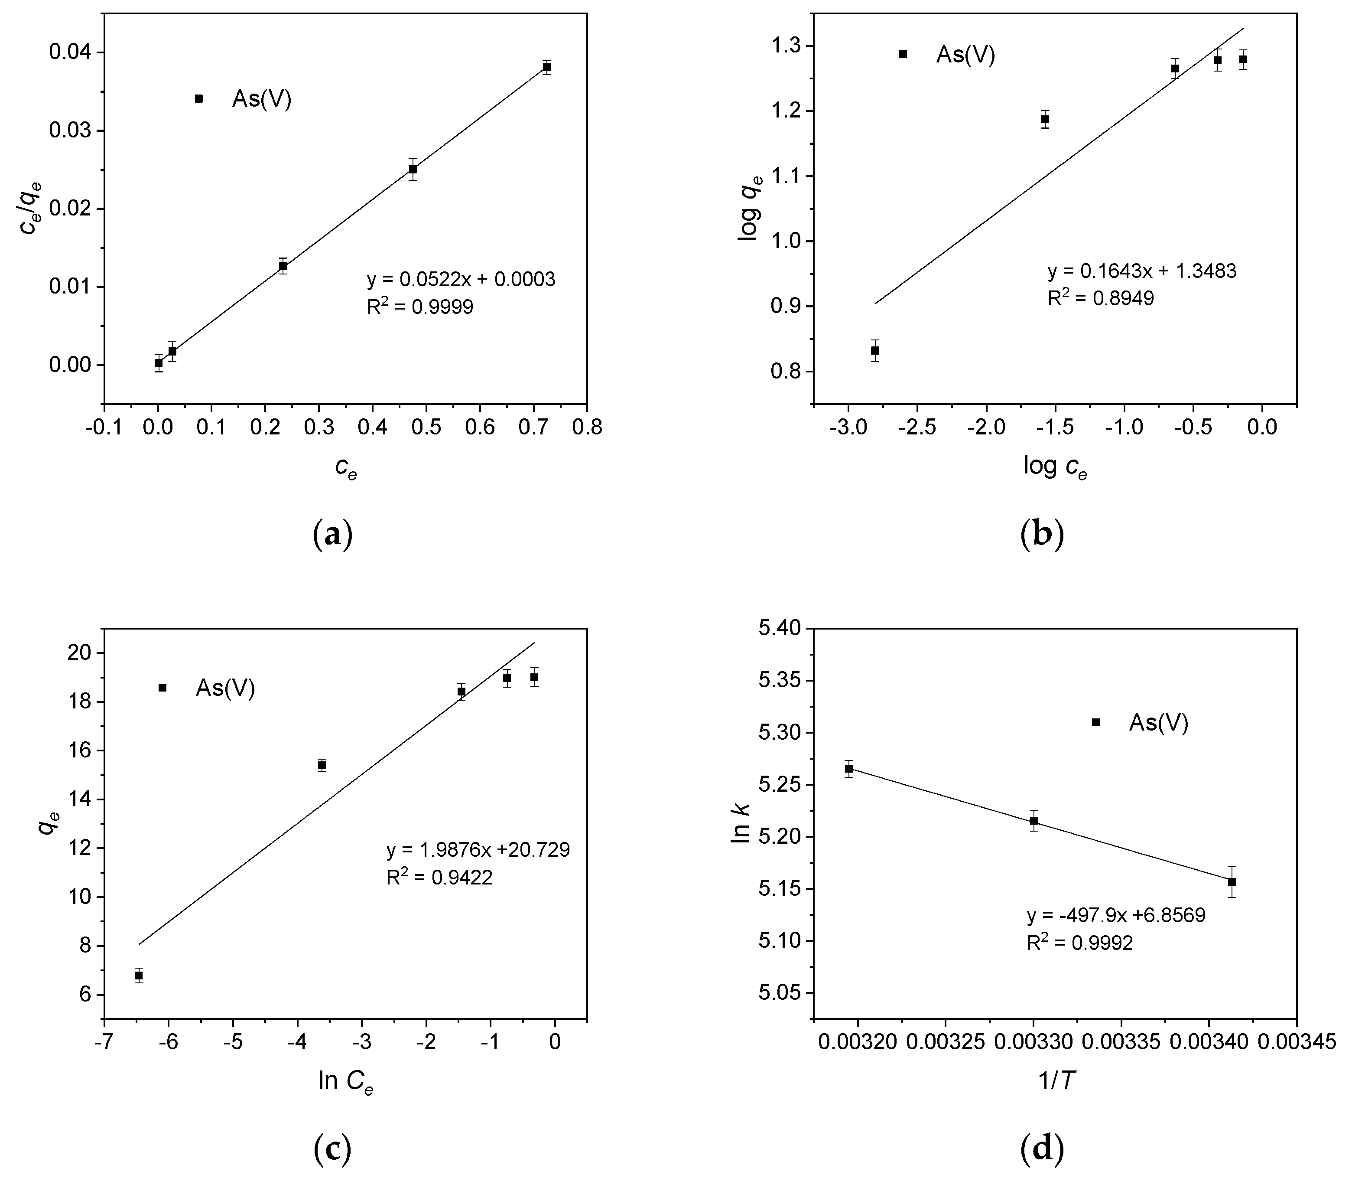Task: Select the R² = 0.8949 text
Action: click(x=1100, y=298)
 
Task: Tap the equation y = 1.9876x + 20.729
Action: click(x=478, y=850)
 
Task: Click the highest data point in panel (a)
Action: click(x=546, y=67)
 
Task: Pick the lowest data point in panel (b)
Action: click(x=875, y=350)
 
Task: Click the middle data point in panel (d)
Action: click(x=1034, y=821)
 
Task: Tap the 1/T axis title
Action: click(x=1054, y=1081)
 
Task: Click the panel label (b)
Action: click(x=1042, y=534)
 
